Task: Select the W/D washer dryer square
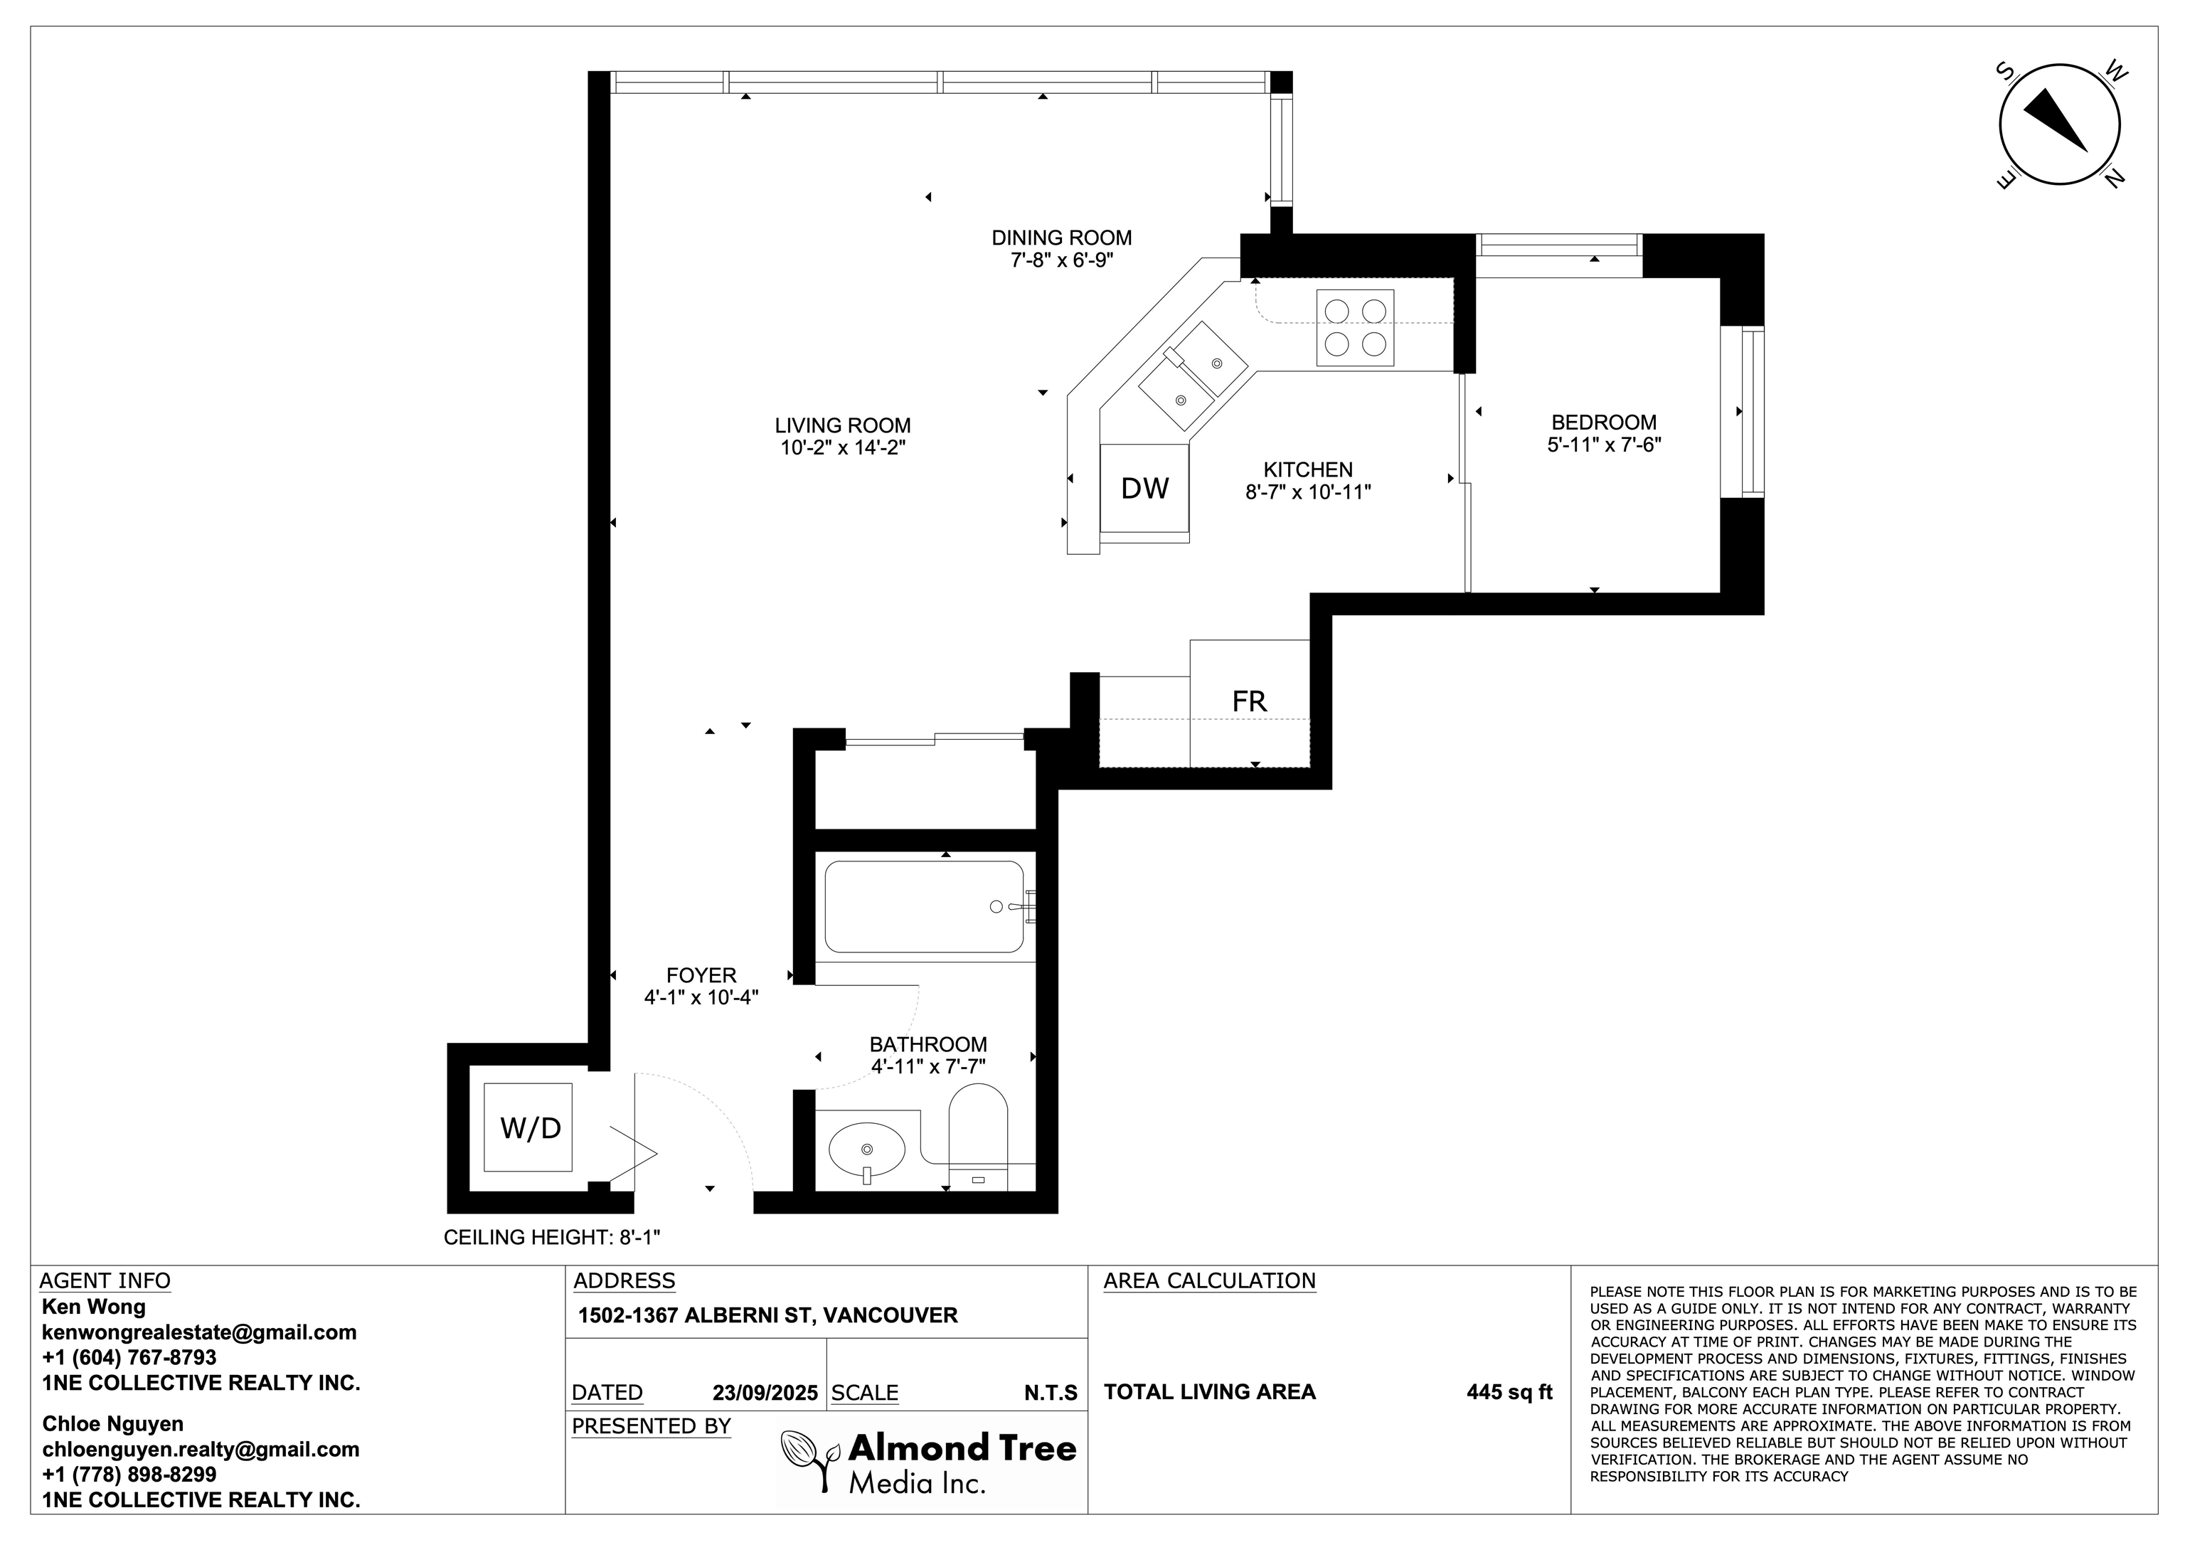(x=528, y=1127)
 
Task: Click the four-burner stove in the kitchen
(x=1355, y=327)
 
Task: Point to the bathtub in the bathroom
(x=924, y=906)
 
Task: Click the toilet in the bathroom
(x=978, y=1137)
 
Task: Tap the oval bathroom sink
(x=866, y=1151)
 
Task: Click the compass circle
(x=2046, y=124)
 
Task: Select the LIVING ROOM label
(x=842, y=425)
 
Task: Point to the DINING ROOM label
(x=1062, y=238)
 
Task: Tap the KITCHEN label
(x=1307, y=469)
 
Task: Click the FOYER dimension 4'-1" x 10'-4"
(x=701, y=997)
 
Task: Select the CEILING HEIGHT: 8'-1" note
(x=552, y=1238)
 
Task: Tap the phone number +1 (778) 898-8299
(x=129, y=1475)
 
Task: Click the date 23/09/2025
(x=765, y=1393)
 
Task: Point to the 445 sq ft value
(x=1509, y=1392)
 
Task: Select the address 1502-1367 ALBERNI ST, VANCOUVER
(x=768, y=1315)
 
